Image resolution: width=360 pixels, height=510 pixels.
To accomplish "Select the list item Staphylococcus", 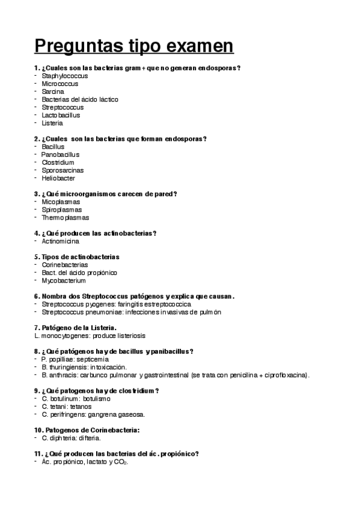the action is [64, 76].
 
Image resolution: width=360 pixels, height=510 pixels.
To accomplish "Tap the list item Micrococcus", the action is [60, 84].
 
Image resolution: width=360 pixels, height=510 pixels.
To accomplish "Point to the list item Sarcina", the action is [53, 92].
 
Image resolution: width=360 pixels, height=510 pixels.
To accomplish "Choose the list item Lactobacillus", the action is [61, 115].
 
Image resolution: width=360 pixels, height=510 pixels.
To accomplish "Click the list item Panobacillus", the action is [60, 155].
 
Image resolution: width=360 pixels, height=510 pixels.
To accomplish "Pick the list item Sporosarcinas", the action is [63, 170].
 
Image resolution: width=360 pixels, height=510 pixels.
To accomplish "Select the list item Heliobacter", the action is [59, 178].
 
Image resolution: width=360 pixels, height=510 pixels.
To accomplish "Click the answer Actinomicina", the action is [60, 241].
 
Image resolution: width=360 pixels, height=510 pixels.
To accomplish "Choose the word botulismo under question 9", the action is [96, 399].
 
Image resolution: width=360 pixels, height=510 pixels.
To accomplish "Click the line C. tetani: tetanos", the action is [66, 407].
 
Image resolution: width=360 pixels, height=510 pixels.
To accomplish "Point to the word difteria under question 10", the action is [88, 438].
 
